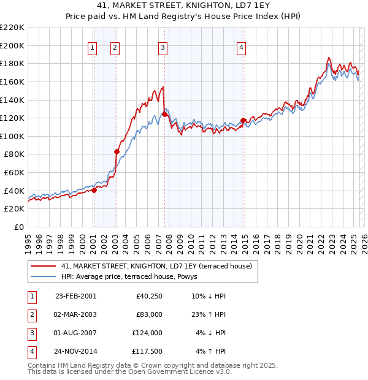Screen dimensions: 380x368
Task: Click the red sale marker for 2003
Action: (117, 151)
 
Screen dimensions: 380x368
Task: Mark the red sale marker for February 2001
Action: (94, 190)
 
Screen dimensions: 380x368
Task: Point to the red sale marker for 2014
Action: (243, 120)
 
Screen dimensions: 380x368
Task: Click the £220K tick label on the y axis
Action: (12, 28)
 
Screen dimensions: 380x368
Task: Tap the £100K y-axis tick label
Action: (12, 136)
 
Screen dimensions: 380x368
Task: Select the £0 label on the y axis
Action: (18, 227)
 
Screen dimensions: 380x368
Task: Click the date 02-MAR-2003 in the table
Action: (75, 314)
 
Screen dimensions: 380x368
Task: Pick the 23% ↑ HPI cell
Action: (210, 314)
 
